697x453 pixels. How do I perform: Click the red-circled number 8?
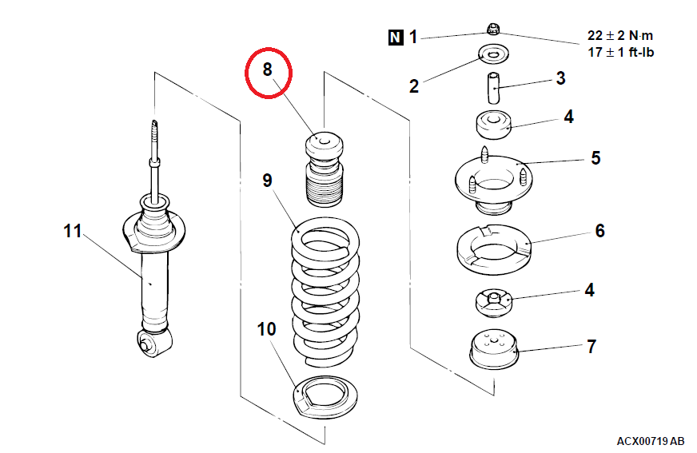(x=268, y=70)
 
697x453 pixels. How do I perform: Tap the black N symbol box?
(x=396, y=37)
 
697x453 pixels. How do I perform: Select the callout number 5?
(x=595, y=157)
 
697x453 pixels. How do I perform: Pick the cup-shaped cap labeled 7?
(x=492, y=350)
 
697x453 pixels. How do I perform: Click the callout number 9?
(x=268, y=181)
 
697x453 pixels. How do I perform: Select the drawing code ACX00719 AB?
(x=650, y=441)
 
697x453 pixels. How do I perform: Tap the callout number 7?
(x=591, y=347)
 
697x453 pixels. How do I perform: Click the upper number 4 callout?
(x=568, y=117)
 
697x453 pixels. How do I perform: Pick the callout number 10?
(x=266, y=328)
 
